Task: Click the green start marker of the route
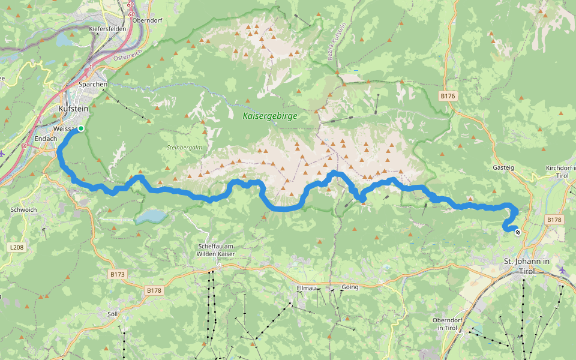click(80, 128)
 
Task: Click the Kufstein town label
click(73, 109)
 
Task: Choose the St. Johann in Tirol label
click(526, 266)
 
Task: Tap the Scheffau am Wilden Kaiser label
click(215, 250)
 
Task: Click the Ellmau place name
click(306, 287)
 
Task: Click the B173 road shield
click(118, 274)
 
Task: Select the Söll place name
click(112, 313)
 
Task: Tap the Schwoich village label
click(24, 210)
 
